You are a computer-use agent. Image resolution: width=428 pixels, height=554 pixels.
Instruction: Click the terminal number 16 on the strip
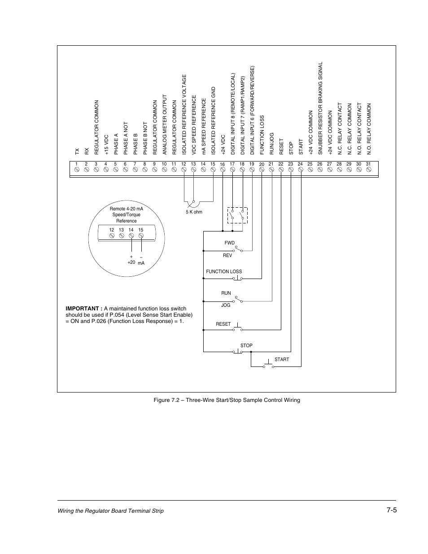coord(223,165)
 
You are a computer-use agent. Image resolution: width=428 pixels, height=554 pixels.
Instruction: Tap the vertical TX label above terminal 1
coord(77,152)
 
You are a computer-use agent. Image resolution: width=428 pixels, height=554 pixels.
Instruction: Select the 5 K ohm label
coord(194,212)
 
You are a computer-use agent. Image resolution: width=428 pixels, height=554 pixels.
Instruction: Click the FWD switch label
coord(230,243)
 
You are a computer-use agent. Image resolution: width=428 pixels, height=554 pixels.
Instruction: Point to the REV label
coord(227,255)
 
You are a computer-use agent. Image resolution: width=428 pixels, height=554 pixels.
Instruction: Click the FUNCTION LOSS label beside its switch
coord(224,271)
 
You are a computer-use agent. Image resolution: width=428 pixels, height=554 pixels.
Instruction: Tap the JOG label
coord(226,305)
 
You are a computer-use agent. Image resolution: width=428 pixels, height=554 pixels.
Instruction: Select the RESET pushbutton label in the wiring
coord(223,324)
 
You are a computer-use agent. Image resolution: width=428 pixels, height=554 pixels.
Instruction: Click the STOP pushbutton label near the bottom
coord(246,345)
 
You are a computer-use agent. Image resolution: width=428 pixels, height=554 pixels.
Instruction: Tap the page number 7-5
coord(391,510)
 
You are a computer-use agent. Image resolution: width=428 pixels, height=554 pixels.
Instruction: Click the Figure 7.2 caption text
coord(226,400)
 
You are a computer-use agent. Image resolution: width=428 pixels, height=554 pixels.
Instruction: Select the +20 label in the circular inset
coord(131,262)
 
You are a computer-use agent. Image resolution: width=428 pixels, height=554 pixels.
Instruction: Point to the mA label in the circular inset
coord(141,263)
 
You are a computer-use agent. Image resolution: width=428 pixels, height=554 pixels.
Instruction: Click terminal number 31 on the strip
coord(368,164)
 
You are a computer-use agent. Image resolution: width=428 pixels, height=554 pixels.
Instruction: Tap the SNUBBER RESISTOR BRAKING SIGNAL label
coord(320,108)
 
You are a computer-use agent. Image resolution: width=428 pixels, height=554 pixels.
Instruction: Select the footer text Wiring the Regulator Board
coord(110,511)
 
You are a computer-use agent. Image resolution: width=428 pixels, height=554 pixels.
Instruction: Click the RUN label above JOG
coord(226,293)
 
